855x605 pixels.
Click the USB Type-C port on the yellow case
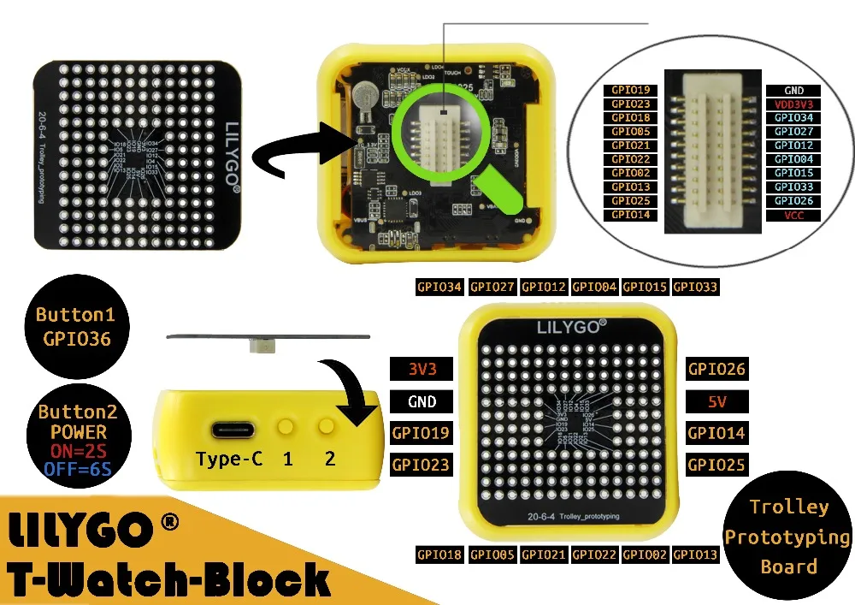click(229, 428)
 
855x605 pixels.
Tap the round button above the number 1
click(286, 425)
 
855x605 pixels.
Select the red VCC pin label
click(794, 215)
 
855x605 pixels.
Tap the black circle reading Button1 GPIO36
click(75, 327)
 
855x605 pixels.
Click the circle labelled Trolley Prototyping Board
click(788, 537)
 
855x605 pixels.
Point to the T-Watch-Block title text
click(168, 578)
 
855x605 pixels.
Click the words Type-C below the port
click(229, 459)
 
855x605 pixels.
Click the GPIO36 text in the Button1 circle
click(76, 339)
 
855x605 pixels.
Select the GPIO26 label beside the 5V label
click(716, 370)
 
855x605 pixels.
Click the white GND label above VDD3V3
click(794, 90)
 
